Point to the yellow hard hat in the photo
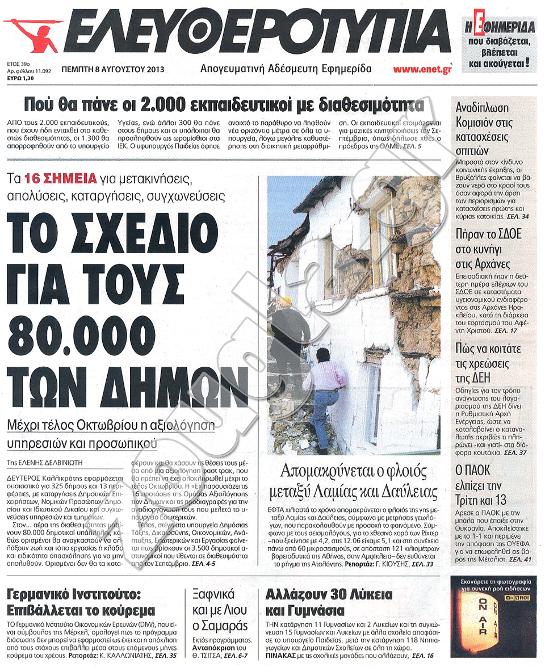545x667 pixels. tap(286, 301)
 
